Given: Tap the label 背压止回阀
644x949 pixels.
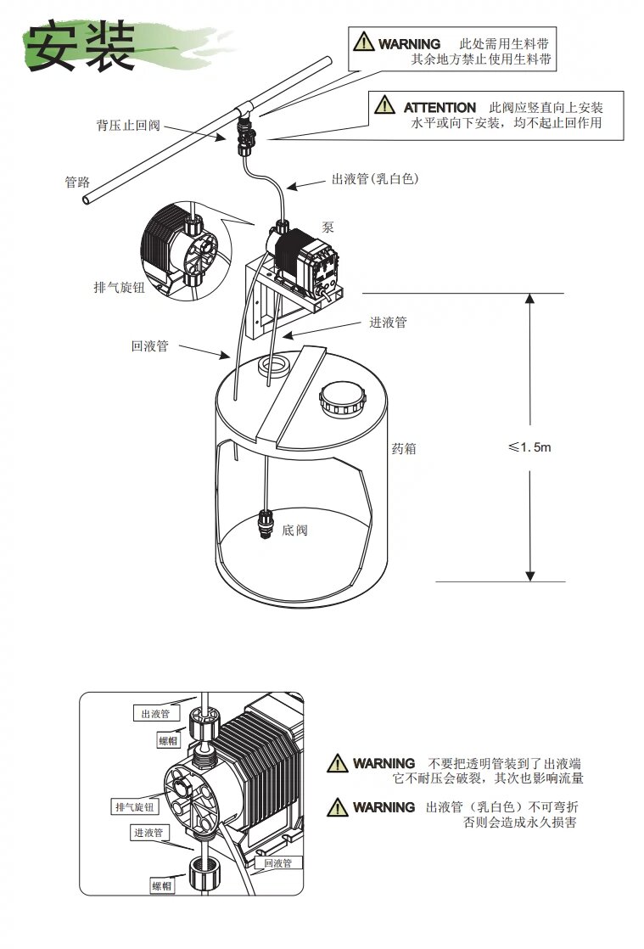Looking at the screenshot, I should (x=127, y=126).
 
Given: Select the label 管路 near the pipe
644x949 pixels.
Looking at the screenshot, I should (x=77, y=182).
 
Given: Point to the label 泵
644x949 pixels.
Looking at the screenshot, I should (x=328, y=227).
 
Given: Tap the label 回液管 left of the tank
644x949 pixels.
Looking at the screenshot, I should (x=149, y=346).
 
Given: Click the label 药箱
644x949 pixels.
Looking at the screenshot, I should (x=404, y=449).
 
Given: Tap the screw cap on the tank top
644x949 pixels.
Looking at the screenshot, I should (x=343, y=397).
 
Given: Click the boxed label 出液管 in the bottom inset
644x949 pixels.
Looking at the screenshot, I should (x=156, y=713).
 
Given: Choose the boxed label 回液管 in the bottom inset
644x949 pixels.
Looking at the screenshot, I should (x=277, y=863).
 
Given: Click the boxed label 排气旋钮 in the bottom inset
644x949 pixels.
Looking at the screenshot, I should (x=135, y=806).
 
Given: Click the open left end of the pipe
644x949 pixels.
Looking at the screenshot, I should (x=87, y=200).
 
